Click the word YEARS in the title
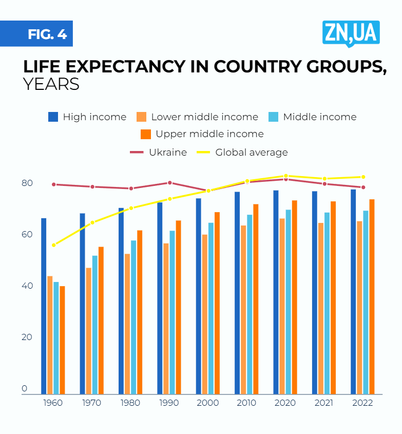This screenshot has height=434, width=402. click(x=51, y=84)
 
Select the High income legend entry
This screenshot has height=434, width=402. click(x=87, y=117)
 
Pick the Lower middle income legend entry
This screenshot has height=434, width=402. click(x=198, y=117)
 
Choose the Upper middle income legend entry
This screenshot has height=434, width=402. click(x=202, y=134)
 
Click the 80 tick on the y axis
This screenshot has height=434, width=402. click(x=27, y=183)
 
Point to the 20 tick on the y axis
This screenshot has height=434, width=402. click(x=27, y=337)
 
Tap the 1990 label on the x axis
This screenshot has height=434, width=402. click(x=169, y=403)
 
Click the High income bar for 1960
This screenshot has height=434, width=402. click(x=44, y=306)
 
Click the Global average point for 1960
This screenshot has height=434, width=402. click(x=53, y=245)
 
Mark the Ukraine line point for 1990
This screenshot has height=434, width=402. click(x=169, y=183)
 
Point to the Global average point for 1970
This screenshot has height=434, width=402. click(x=92, y=222)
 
